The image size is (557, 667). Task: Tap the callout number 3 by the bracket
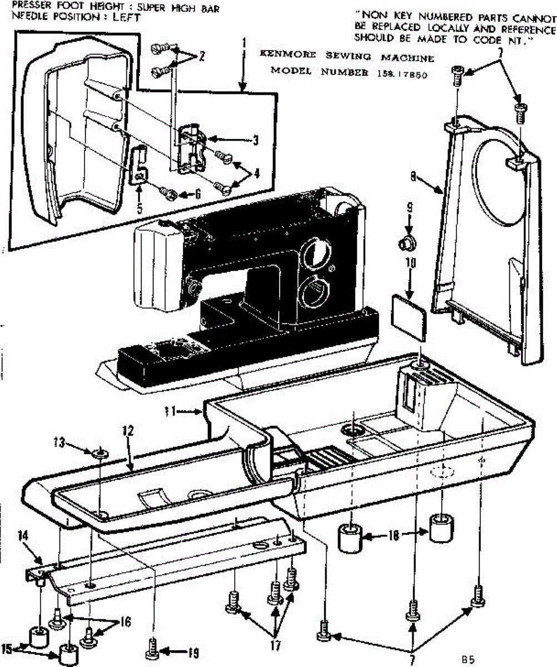(x=255, y=141)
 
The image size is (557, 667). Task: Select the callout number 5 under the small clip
(x=139, y=209)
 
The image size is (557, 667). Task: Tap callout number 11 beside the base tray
(x=170, y=411)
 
